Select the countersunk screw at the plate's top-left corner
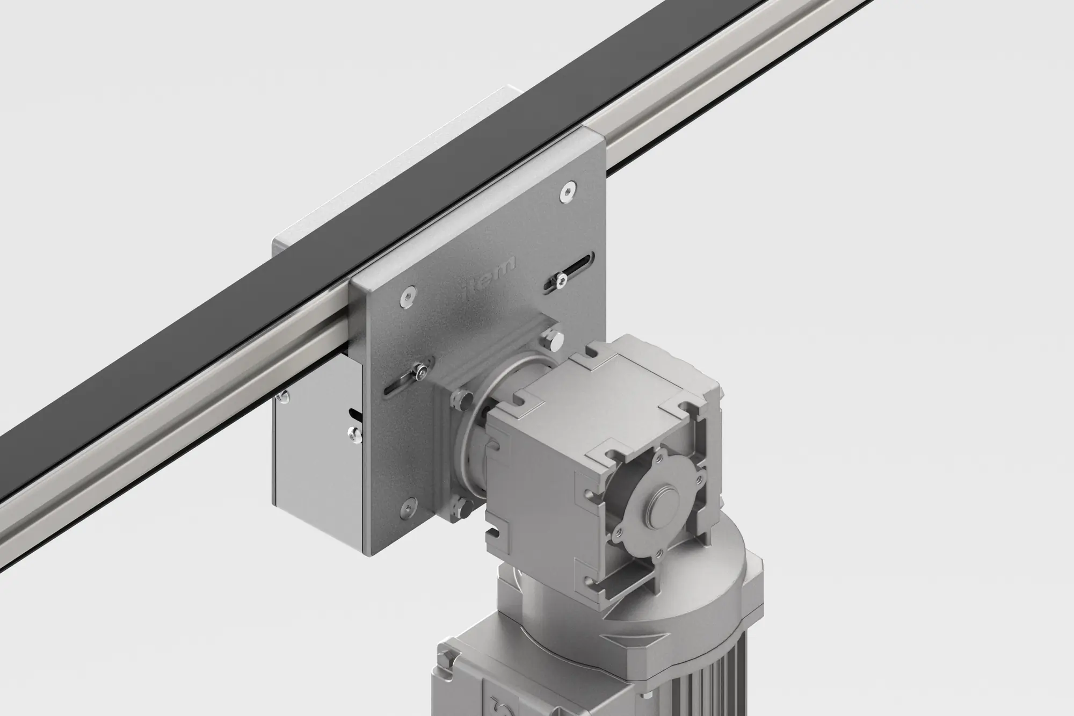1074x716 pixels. [408, 297]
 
